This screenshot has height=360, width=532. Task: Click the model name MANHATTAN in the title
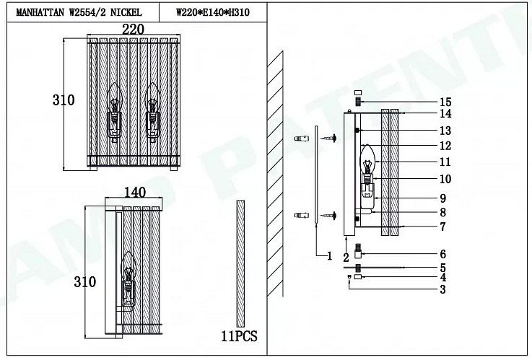click(x=40, y=12)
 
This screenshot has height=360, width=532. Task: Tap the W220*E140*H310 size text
click(x=213, y=12)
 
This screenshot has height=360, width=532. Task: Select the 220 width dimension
click(x=134, y=30)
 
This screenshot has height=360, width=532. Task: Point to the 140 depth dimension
click(x=135, y=192)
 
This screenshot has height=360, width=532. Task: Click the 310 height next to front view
click(x=64, y=100)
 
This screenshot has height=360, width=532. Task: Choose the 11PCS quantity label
click(x=239, y=336)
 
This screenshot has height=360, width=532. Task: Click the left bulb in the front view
click(x=114, y=97)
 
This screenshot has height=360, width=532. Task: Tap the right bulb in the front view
click(x=152, y=97)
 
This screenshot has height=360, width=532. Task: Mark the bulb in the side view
click(x=128, y=266)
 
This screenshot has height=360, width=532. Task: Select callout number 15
click(x=445, y=102)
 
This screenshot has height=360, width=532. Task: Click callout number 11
click(x=445, y=162)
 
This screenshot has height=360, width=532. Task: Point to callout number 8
click(x=442, y=212)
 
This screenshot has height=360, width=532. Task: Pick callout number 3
click(x=442, y=289)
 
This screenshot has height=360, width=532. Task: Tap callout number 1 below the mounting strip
click(x=329, y=255)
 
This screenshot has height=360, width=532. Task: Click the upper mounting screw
click(x=328, y=138)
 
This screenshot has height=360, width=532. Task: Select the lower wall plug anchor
click(x=302, y=215)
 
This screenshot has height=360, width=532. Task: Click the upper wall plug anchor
click(x=302, y=139)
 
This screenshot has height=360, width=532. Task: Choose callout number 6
click(x=442, y=254)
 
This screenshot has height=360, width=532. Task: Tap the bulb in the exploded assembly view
click(x=367, y=159)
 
